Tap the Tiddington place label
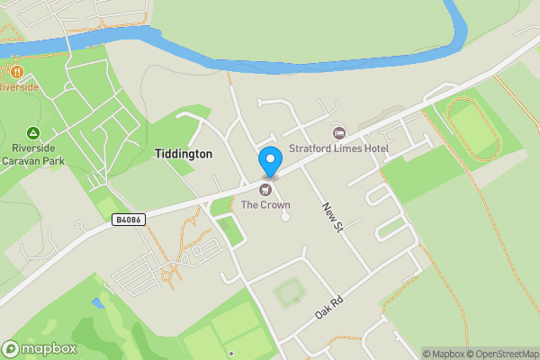pos(184,154)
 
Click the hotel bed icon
pos(338,133)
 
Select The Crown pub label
pos(265,204)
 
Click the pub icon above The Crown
pos(265,189)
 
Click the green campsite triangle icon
pos(33,132)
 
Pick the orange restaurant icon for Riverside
pos(15,71)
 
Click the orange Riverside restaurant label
pos(19,87)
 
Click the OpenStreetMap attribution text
pos(499,354)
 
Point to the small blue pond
pos(96,302)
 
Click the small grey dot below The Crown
pos(285,217)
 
